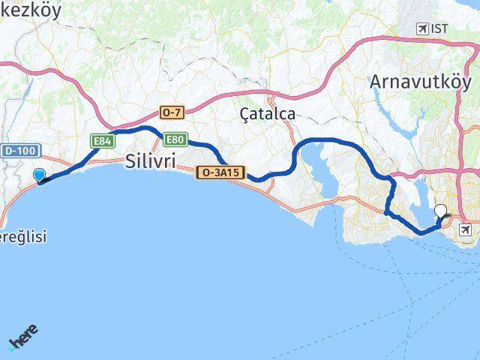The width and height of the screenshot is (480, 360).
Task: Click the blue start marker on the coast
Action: click(39, 175)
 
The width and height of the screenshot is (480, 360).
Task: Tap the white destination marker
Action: click(440, 211)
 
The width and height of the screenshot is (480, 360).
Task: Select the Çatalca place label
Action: click(267, 114)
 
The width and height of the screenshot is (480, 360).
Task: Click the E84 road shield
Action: click(102, 140)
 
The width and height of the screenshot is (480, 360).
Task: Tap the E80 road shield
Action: click(175, 139)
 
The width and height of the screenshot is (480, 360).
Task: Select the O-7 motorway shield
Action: click(171, 112)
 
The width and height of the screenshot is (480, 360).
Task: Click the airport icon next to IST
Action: click(422, 29)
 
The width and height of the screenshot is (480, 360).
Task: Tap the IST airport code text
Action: click(439, 29)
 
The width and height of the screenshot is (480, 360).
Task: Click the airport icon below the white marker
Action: click(466, 229)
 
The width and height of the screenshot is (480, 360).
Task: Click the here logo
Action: click(23, 338)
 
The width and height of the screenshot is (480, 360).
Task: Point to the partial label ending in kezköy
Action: click(35, 10)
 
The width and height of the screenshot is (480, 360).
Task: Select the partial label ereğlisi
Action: click(22, 237)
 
